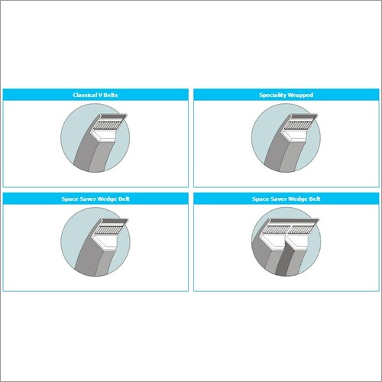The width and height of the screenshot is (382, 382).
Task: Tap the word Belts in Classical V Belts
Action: click(x=111, y=95)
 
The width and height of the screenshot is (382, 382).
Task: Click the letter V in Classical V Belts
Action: click(x=100, y=95)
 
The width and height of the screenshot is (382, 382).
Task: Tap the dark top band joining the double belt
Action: click(x=293, y=221)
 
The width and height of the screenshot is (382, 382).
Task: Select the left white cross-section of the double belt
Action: click(x=274, y=240)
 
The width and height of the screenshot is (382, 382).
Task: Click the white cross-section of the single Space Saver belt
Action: click(x=106, y=241)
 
